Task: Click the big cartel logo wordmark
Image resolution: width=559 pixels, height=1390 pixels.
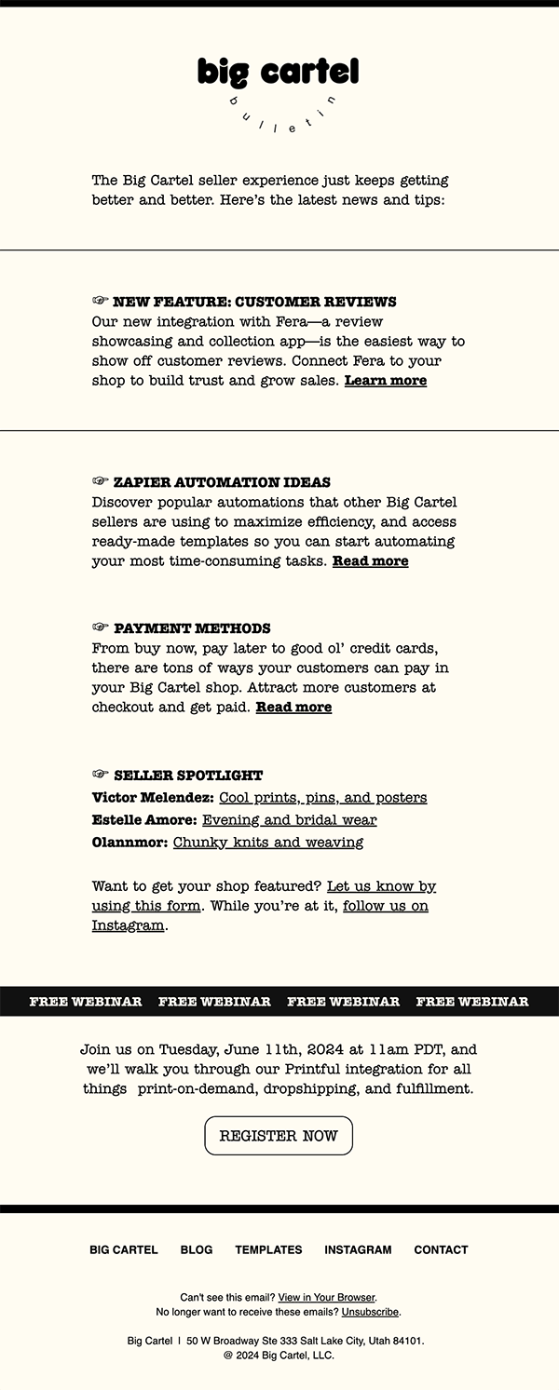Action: click(x=278, y=72)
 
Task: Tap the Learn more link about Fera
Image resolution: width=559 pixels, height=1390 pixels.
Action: click(x=386, y=381)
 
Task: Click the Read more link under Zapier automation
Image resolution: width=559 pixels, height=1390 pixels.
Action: click(x=370, y=561)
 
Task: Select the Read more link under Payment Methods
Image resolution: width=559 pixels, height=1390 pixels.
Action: click(x=293, y=708)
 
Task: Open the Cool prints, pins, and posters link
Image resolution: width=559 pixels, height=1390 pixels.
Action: click(x=322, y=798)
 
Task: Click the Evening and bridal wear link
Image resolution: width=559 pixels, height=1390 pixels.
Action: click(x=289, y=820)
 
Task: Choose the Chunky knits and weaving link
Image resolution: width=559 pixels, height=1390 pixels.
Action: click(x=268, y=843)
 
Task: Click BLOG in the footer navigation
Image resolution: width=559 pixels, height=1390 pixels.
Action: click(x=197, y=1250)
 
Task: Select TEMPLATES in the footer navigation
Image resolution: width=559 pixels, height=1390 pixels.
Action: click(x=268, y=1250)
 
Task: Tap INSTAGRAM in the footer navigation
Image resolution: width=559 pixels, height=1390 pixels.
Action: click(x=358, y=1250)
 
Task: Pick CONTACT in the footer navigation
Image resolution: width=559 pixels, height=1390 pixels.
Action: click(x=441, y=1250)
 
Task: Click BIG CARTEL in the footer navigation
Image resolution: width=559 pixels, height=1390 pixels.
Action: click(x=124, y=1250)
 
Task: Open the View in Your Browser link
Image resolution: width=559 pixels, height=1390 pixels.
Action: click(x=326, y=1298)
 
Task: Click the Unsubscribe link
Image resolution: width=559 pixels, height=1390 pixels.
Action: click(x=370, y=1312)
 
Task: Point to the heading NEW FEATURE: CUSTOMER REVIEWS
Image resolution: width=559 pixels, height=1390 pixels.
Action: click(x=254, y=303)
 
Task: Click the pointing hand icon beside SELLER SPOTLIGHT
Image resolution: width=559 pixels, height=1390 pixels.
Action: click(x=101, y=775)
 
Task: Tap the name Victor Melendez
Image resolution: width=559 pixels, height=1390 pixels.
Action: click(x=153, y=798)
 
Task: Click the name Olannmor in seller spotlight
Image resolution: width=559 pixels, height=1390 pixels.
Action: click(x=130, y=843)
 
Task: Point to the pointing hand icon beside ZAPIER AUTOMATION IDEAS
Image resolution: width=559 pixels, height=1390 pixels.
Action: click(x=101, y=482)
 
